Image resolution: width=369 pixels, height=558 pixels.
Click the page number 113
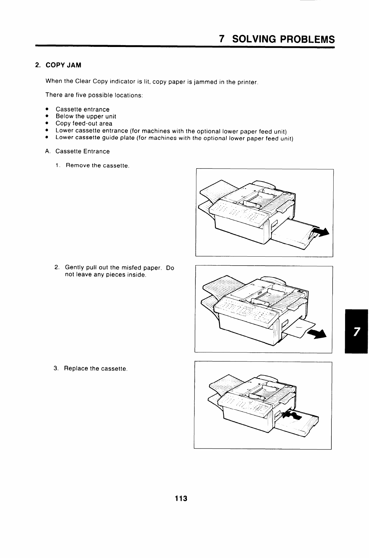(x=181, y=499)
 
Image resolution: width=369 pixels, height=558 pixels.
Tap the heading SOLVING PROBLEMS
(x=284, y=39)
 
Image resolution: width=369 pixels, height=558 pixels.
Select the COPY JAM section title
(x=63, y=65)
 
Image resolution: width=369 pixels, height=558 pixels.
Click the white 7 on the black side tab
(x=356, y=332)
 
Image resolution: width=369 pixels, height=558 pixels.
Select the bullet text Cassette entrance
(x=82, y=109)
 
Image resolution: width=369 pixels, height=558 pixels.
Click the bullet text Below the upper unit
(x=86, y=116)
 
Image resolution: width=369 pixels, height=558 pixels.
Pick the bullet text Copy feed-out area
(x=84, y=123)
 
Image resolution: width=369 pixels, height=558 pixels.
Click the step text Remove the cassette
(x=97, y=165)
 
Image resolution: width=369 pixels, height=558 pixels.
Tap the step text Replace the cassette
(x=96, y=369)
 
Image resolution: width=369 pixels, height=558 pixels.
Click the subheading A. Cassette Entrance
(x=77, y=151)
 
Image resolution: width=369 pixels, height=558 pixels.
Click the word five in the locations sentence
(x=81, y=95)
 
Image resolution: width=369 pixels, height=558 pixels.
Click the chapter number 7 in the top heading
(x=222, y=39)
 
